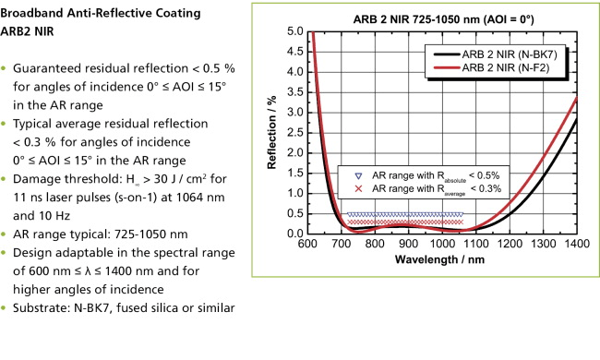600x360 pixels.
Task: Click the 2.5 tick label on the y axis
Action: pyautogui.click(x=298, y=132)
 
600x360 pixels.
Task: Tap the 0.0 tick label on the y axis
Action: pyautogui.click(x=298, y=233)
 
